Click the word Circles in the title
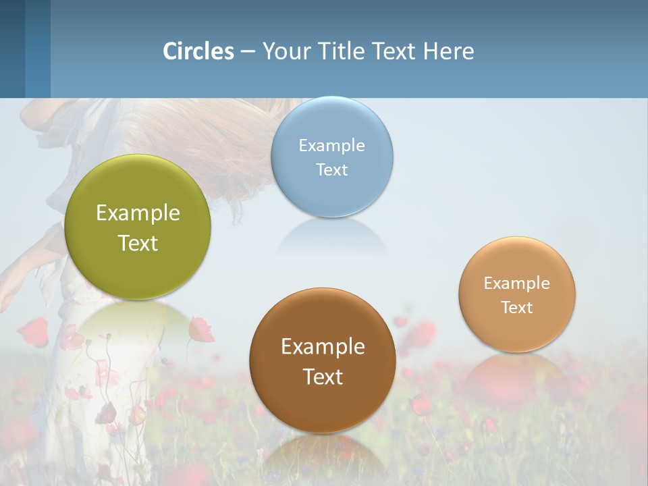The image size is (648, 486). (198, 51)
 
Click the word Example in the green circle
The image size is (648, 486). (138, 213)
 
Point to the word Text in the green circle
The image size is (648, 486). (138, 243)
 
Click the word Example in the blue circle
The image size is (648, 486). (332, 146)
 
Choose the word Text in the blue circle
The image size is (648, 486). (332, 169)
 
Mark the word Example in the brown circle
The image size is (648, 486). (323, 347)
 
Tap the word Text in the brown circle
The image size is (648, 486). (323, 377)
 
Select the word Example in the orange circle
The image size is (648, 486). (517, 283)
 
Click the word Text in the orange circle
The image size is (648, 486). (517, 308)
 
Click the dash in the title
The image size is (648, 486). (248, 52)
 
